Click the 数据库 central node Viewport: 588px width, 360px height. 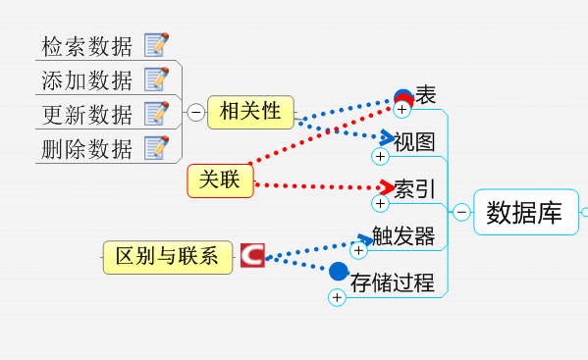click(526, 212)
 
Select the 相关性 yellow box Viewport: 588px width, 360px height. click(250, 112)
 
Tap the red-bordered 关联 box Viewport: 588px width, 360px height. click(221, 180)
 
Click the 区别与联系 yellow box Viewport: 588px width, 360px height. click(168, 257)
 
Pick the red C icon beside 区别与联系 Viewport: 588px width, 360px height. click(252, 255)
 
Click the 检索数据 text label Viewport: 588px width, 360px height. click(86, 46)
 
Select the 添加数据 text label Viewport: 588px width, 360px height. click(86, 80)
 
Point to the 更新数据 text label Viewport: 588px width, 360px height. click(86, 115)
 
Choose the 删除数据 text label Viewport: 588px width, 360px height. click(86, 149)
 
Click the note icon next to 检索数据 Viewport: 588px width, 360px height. click(156, 44)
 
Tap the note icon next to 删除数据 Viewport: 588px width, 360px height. click(156, 147)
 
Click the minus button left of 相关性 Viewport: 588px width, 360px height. click(195, 112)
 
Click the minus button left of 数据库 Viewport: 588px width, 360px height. click(461, 212)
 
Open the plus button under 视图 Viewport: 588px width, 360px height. click(380, 156)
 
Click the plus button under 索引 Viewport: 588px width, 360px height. click(380, 203)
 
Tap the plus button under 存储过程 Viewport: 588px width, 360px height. click(337, 297)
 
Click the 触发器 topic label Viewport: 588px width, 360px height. click(403, 236)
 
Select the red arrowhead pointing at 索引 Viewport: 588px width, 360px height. click(387, 187)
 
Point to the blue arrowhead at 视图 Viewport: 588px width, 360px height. click(387, 137)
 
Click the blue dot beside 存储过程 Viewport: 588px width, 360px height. click(339, 271)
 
